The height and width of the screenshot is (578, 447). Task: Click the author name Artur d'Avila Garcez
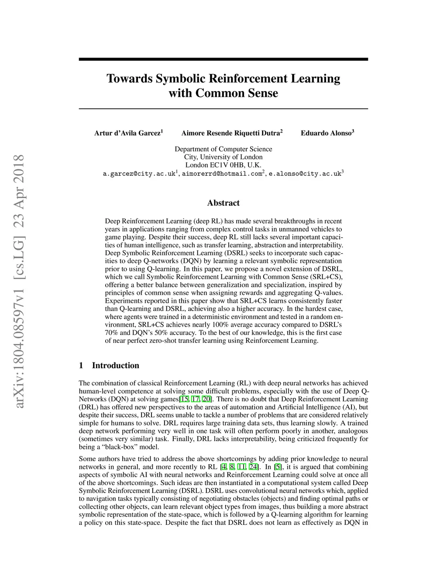coord(127,133)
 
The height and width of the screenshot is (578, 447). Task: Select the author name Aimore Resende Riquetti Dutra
coord(231,133)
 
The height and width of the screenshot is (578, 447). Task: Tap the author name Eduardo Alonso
coord(326,133)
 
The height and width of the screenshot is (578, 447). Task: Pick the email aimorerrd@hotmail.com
coord(221,174)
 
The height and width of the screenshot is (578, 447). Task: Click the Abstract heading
coord(223,203)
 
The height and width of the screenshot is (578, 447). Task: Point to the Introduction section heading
coord(115,366)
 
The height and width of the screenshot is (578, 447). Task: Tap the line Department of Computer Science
coord(223,149)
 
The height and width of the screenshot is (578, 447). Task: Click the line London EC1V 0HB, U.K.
coord(223,165)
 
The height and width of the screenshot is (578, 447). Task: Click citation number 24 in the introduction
coord(253,467)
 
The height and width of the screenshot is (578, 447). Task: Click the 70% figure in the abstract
coord(112,333)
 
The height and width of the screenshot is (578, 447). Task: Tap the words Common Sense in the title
coord(236,93)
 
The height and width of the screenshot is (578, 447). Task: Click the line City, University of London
coord(223,157)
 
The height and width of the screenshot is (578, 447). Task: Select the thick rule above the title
coord(223,59)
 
